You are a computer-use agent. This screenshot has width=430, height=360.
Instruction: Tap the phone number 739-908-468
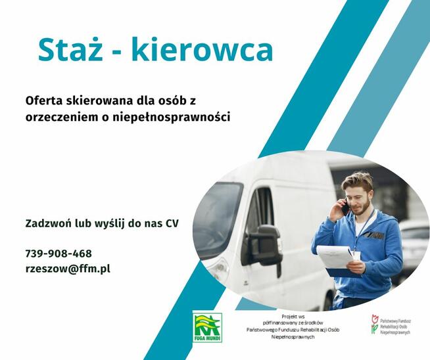[x=59, y=254]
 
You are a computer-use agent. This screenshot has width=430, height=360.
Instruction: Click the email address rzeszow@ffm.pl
[x=68, y=269]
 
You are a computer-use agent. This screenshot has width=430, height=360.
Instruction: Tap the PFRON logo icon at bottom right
[x=375, y=324]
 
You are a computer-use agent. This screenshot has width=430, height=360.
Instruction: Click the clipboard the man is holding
[x=337, y=258]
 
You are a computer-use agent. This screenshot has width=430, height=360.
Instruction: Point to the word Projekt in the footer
[x=290, y=316]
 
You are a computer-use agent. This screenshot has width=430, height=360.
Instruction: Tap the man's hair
[x=358, y=180]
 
